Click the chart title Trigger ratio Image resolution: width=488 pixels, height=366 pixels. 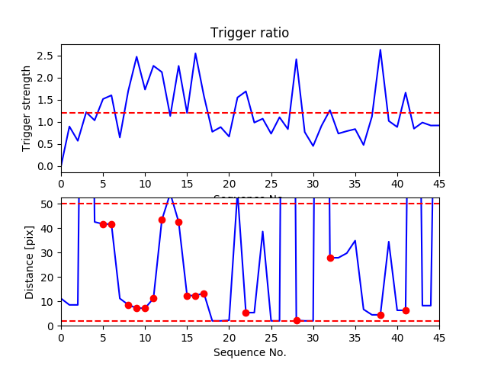249,33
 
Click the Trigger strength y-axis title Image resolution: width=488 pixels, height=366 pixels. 27,108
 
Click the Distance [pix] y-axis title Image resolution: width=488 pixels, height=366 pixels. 30,262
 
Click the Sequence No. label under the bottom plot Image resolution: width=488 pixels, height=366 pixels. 249,352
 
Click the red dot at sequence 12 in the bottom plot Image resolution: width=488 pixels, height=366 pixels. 162,220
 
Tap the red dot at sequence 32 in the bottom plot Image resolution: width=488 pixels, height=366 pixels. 330,258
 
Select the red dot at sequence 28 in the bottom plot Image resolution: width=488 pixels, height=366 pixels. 297,320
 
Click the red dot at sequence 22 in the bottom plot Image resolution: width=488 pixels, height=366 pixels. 246,313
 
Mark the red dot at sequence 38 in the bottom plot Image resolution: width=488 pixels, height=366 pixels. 380,315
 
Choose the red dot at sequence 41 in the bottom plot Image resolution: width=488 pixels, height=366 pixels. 406,310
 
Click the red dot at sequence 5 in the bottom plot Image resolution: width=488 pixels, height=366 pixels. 103,224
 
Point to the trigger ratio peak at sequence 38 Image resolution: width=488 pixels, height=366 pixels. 380,50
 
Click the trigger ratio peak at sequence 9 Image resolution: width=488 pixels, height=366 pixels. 136,56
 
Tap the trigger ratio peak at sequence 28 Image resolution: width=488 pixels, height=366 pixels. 296,59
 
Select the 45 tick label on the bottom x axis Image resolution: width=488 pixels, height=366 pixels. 438,336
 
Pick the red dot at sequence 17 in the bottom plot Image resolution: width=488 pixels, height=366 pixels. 204,294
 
